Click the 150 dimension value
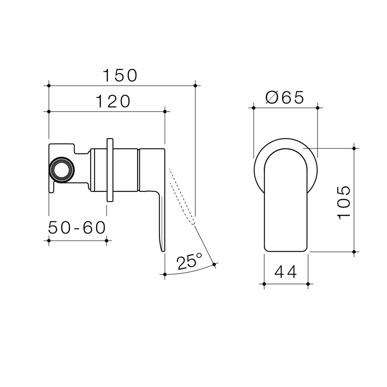(x=120, y=76)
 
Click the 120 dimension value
(x=113, y=101)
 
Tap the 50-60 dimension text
(x=77, y=228)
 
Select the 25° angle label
(x=189, y=262)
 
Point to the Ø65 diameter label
(x=285, y=97)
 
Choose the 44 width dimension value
(x=286, y=272)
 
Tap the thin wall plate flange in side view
(x=110, y=170)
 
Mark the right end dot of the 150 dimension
(x=195, y=86)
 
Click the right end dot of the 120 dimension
(x=165, y=111)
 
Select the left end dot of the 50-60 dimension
(x=49, y=240)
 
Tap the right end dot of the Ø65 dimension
(x=317, y=107)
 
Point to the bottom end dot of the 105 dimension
(x=354, y=252)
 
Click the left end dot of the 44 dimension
(x=264, y=284)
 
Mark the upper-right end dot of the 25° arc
(x=214, y=264)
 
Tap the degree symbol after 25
(x=199, y=255)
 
